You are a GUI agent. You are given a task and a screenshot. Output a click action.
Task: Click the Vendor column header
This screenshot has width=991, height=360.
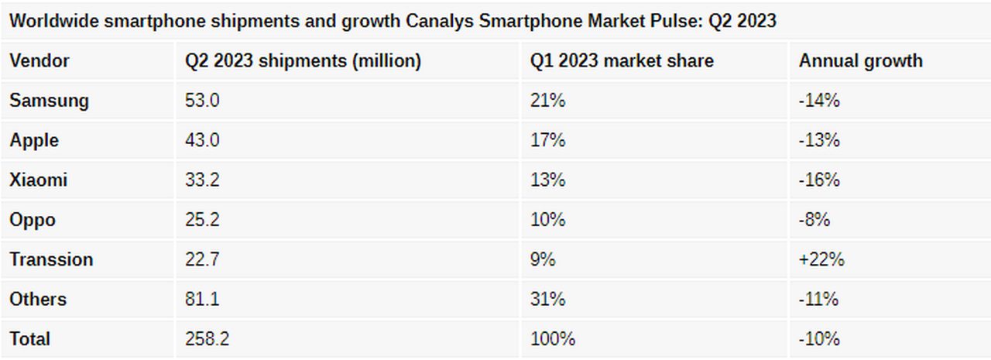pos(39,61)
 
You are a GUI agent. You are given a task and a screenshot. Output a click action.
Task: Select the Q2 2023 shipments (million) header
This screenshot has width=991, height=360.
pos(303,61)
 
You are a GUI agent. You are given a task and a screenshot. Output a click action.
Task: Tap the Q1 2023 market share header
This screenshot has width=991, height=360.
pos(622,61)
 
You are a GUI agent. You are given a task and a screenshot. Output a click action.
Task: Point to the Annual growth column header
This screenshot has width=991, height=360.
pos(860,61)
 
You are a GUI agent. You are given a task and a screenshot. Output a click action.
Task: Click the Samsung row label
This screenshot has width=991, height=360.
pos(49,101)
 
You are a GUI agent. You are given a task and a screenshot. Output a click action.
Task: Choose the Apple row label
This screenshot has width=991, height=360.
pos(34,141)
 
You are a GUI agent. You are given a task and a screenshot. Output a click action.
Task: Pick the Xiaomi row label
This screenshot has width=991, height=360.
pos(39,180)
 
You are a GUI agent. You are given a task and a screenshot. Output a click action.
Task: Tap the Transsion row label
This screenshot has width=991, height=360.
pos(51,259)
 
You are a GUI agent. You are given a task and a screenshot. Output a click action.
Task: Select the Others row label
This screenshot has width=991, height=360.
pos(38,300)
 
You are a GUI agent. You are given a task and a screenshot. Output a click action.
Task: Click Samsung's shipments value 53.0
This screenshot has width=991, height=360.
pos(202,101)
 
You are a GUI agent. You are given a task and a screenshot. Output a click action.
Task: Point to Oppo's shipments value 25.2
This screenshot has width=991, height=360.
pos(202,220)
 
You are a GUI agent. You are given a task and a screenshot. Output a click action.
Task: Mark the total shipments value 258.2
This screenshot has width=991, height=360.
pos(207,339)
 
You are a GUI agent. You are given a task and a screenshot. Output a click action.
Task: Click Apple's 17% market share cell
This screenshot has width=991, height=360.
pos(547,141)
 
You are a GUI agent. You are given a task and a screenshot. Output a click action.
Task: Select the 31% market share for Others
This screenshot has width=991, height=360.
pos(547,300)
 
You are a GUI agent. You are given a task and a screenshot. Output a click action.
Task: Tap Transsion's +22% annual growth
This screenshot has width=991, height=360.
pos(821,259)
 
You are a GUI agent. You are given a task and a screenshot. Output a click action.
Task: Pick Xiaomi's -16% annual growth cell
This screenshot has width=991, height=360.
pos(819,180)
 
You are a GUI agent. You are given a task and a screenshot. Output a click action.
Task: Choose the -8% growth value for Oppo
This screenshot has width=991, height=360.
pos(814,220)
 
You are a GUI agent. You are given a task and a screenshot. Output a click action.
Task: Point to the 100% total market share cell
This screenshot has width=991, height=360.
pos(552,339)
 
